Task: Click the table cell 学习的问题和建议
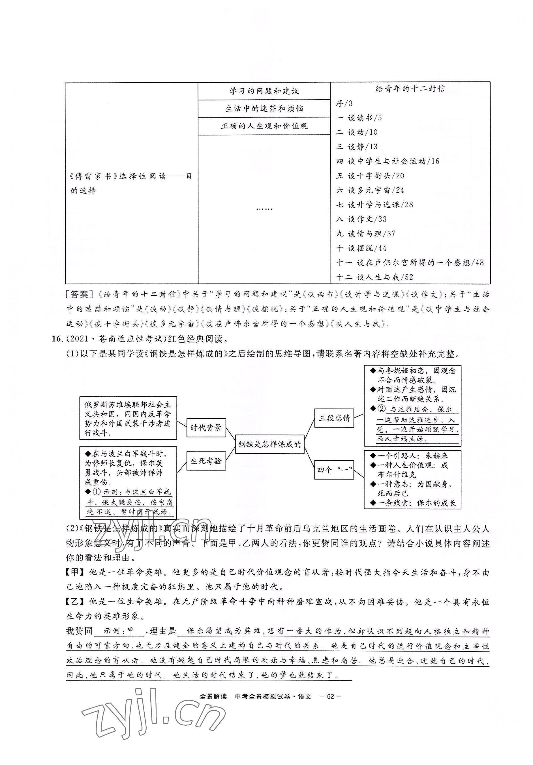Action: pyautogui.click(x=264, y=91)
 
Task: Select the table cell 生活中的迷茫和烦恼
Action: pyautogui.click(x=264, y=109)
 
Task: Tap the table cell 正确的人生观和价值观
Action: pyautogui.click(x=264, y=126)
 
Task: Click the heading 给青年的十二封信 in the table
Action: pyautogui.click(x=410, y=89)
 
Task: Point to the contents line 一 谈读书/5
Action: pyautogui.click(x=359, y=118)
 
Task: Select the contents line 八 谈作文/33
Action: pyautogui.click(x=361, y=219)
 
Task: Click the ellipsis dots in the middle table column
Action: pyautogui.click(x=264, y=209)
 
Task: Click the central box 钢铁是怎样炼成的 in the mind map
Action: pyautogui.click(x=270, y=444)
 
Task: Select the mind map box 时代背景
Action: pyautogui.click(x=206, y=428)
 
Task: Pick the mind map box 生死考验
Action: pyautogui.click(x=206, y=461)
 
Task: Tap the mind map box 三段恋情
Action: pyautogui.click(x=334, y=418)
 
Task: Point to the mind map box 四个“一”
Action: pyautogui.click(x=334, y=470)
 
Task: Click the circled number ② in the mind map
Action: pyautogui.click(x=381, y=409)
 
